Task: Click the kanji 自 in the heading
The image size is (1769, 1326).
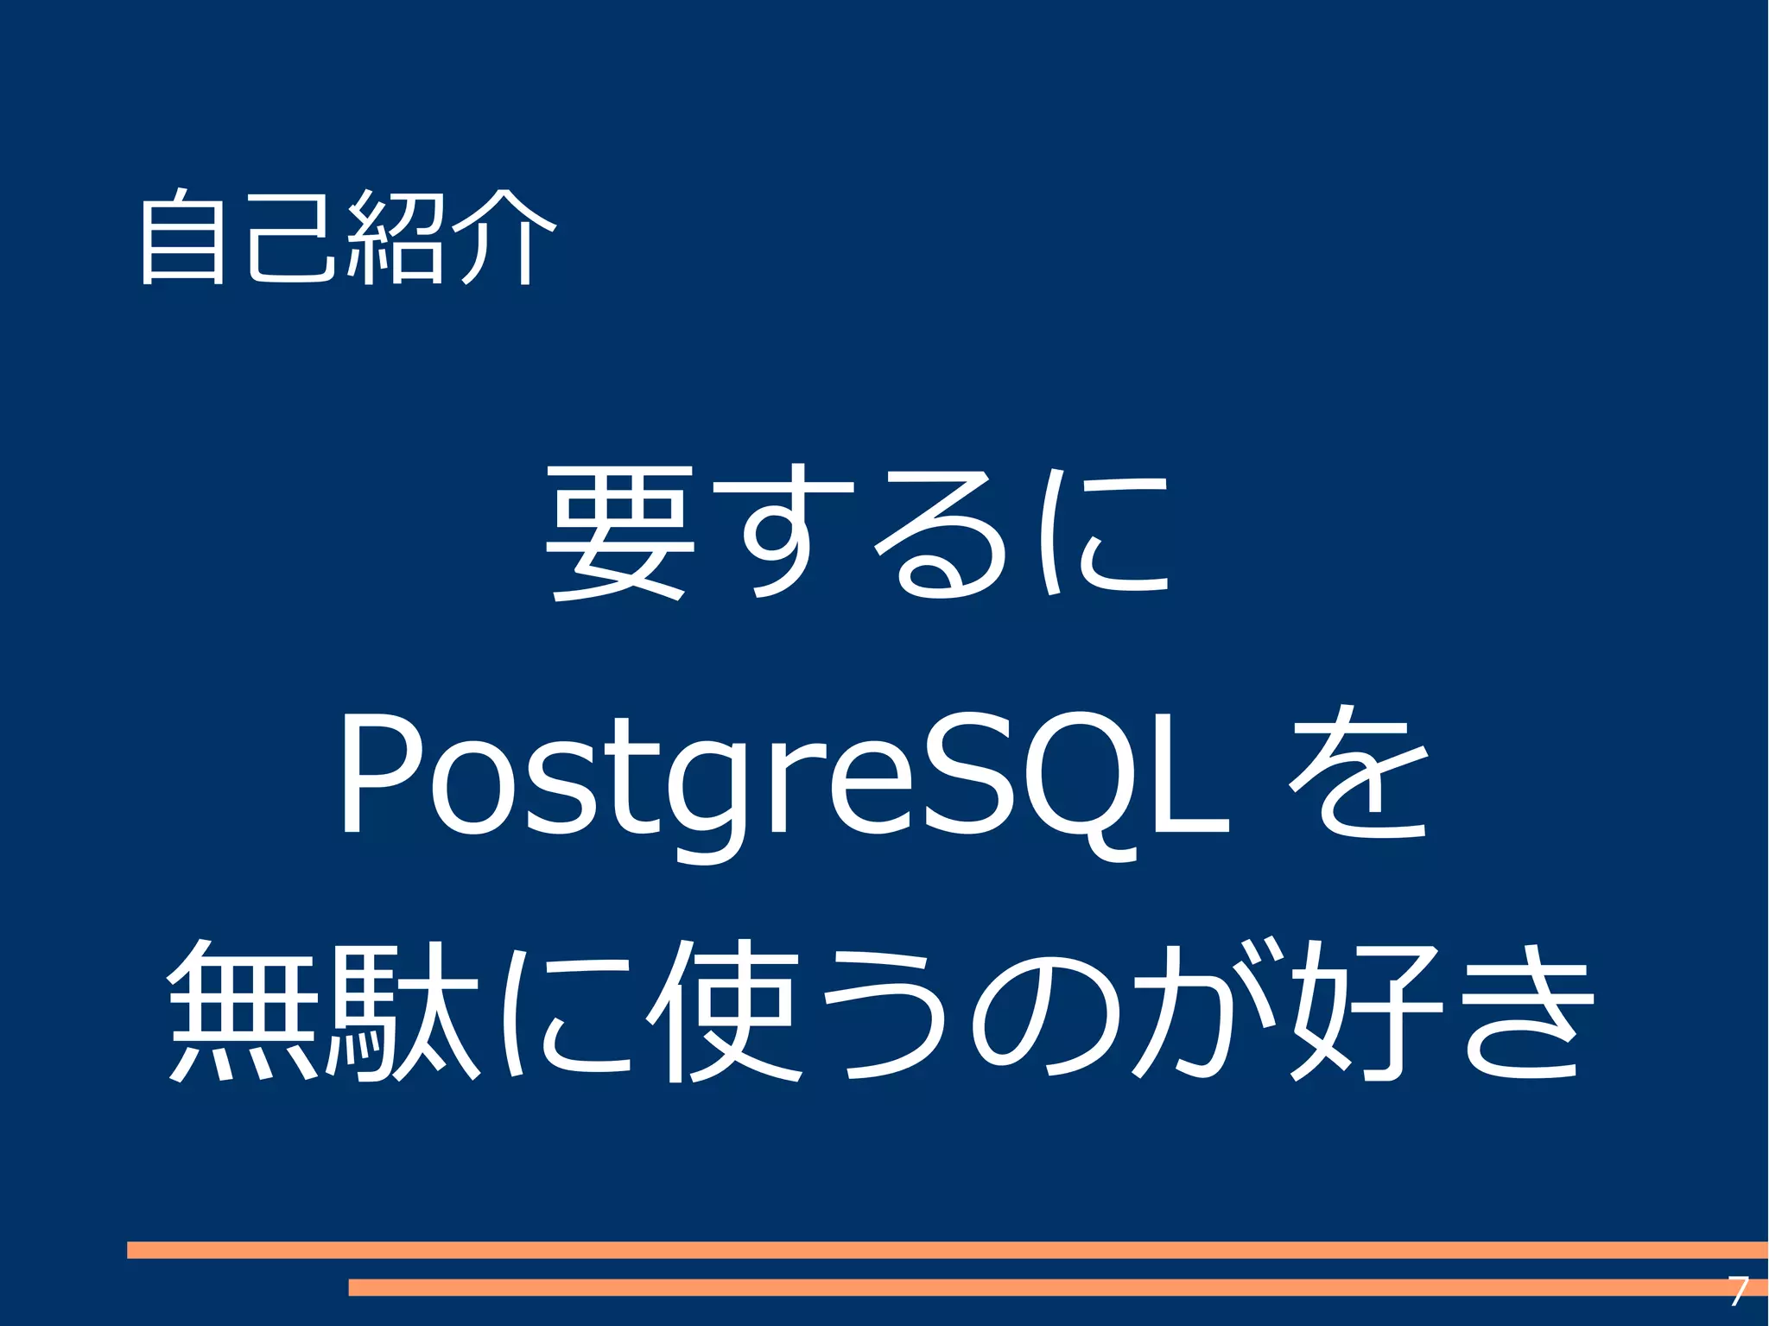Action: (182, 238)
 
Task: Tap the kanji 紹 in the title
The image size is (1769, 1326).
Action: (395, 238)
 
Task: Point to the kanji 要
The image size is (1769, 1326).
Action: (620, 533)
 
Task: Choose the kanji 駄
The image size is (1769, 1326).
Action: (402, 1011)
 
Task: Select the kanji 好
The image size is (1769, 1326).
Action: (1365, 1011)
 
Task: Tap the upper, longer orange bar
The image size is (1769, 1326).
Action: (946, 1250)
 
